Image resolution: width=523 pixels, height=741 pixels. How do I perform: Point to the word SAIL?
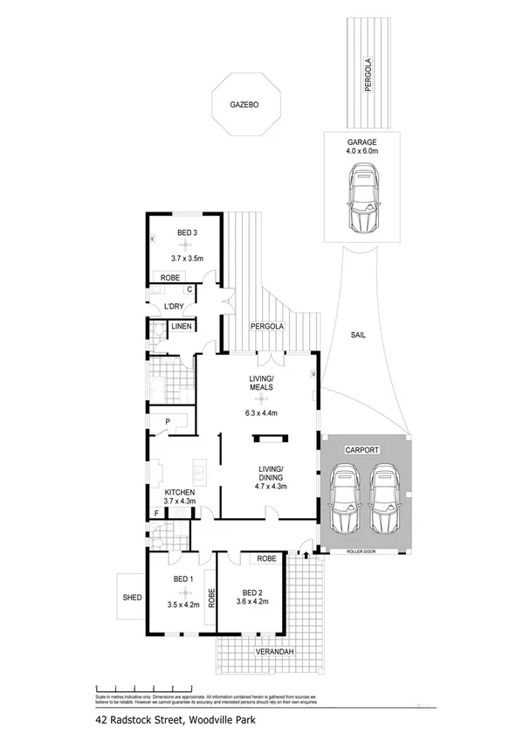pos(358,335)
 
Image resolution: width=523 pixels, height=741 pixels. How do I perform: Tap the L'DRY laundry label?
pos(175,306)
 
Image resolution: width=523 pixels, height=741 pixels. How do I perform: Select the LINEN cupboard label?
pos(181,327)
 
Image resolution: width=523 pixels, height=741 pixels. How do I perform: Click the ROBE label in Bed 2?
pos(266,557)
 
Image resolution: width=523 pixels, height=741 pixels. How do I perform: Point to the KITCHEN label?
pos(178,492)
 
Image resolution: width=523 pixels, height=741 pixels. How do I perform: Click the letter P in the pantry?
pos(166,423)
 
